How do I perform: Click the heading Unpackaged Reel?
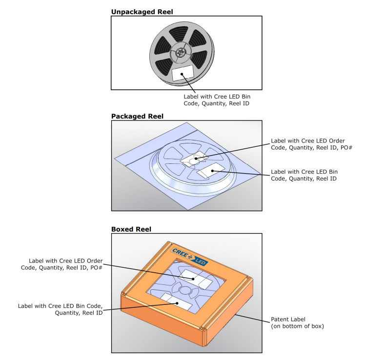[141, 11]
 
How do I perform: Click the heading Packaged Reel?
[137, 116]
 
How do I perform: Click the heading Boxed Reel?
[131, 229]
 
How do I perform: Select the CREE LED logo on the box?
[190, 257]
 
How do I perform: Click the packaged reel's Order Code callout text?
[311, 145]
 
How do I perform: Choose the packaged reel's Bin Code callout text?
[304, 175]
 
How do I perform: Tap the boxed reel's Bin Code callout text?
[60, 309]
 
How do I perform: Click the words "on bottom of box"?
[297, 326]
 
